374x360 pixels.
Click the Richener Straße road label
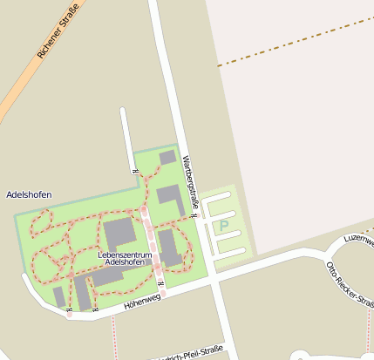coord(58,31)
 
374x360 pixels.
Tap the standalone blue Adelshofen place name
coord(29,194)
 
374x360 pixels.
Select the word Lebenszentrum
coord(126,254)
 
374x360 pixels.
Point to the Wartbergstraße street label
coord(191,183)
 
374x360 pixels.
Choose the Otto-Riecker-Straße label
coord(350,284)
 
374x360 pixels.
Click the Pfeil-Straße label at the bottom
coord(187,353)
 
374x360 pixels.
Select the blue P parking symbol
coord(224,226)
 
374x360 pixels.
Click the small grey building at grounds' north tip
coord(167,158)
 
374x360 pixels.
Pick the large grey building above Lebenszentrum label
coord(119,233)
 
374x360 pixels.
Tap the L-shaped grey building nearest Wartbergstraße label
coord(171,199)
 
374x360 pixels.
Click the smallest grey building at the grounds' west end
coord(58,297)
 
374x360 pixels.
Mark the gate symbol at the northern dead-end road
coord(133,170)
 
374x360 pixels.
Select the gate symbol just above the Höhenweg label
coord(161,285)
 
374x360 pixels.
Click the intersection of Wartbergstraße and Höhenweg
coord(214,277)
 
